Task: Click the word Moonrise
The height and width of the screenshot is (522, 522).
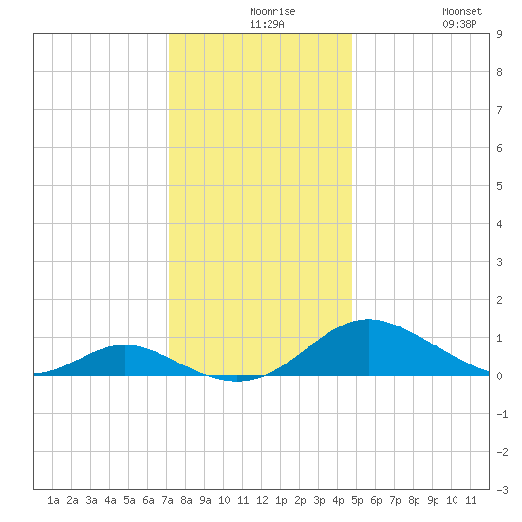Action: [272, 11]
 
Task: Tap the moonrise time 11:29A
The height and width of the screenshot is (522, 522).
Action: [267, 24]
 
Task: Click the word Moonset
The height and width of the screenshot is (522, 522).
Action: [462, 11]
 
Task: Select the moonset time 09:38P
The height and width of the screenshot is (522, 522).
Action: [459, 24]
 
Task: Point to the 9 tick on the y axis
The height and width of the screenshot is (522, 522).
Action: [499, 34]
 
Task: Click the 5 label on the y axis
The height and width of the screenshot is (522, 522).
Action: [499, 186]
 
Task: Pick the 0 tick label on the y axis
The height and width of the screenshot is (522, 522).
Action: [499, 376]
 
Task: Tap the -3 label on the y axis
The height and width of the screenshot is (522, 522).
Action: [502, 490]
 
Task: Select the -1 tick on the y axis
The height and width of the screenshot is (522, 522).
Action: [502, 414]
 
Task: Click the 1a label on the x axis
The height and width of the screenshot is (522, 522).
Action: [53, 500]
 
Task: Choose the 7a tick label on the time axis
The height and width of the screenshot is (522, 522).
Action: [167, 500]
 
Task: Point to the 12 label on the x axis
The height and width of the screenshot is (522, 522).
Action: [262, 500]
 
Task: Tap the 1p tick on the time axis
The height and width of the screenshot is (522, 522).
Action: [281, 500]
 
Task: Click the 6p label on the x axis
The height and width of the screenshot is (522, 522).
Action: [376, 500]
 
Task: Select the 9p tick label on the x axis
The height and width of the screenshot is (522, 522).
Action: [433, 500]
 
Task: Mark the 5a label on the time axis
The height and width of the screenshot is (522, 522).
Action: [129, 500]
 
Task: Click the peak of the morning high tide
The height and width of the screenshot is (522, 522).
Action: [125, 345]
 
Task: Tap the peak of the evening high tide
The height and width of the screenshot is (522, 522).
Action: [369, 319]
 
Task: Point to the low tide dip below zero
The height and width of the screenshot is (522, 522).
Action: [236, 381]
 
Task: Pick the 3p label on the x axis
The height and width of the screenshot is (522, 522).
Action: [319, 500]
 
